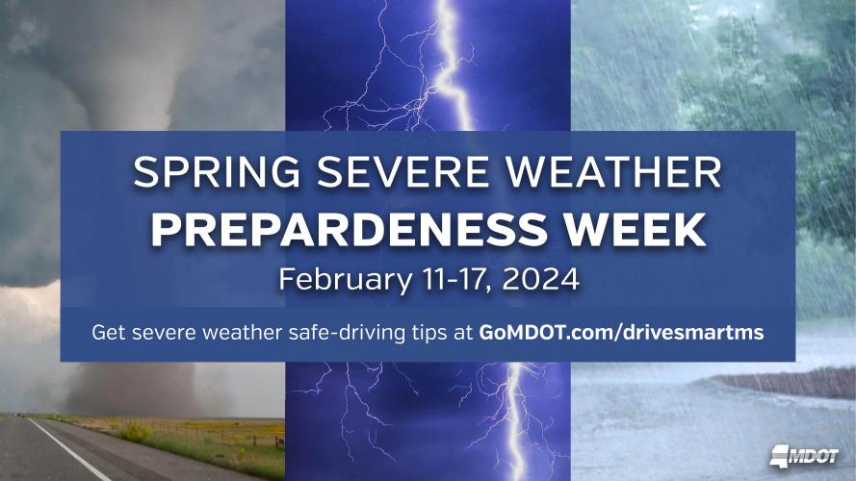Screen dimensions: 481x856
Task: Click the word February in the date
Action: tap(335, 280)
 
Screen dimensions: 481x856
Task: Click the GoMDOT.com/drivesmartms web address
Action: tap(621, 333)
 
